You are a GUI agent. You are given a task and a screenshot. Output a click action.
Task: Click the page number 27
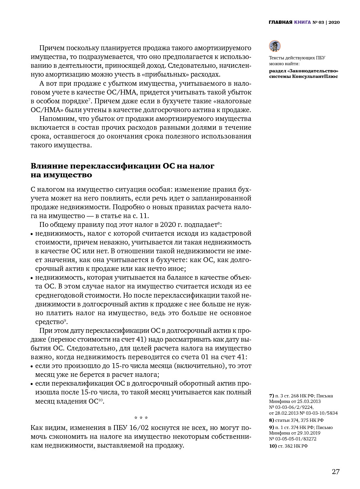(336, 472)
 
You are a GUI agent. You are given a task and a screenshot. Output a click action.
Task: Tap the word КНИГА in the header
(302, 22)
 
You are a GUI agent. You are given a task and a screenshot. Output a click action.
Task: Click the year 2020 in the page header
(334, 22)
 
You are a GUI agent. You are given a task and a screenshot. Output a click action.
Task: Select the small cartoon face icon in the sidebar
(275, 46)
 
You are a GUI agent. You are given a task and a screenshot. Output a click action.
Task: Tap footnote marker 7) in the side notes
(271, 396)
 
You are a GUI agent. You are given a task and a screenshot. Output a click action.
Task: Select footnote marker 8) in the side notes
(271, 420)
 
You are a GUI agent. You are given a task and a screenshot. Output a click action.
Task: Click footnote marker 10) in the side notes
(273, 446)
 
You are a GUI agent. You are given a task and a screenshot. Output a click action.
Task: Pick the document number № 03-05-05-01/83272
(293, 439)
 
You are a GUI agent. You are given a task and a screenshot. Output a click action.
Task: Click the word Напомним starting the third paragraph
(56, 119)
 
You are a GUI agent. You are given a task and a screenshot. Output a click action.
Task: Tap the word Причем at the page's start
(52, 48)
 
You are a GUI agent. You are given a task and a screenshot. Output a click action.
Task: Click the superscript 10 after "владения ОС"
(101, 400)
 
